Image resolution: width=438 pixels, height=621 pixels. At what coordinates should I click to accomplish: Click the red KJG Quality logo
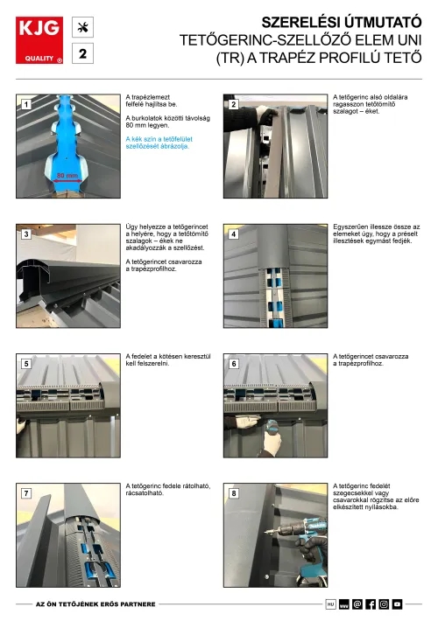(39, 40)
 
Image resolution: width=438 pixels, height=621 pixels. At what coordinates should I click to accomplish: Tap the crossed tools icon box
(82, 27)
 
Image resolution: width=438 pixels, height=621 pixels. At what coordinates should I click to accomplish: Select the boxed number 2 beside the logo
(82, 53)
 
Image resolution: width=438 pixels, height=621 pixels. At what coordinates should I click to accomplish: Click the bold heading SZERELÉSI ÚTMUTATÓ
(341, 22)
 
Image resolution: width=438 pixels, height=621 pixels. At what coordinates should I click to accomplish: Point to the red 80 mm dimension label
(67, 176)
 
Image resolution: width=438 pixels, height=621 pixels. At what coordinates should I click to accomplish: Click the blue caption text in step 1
(159, 143)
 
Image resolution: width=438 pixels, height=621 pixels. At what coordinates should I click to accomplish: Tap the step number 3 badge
(26, 234)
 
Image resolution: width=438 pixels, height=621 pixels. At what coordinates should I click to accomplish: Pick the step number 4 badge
(234, 234)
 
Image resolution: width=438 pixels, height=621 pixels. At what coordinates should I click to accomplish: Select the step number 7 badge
(26, 493)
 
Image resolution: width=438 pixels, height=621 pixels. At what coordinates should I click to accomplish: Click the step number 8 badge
(234, 493)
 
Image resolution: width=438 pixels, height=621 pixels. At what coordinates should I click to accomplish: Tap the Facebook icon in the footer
(371, 604)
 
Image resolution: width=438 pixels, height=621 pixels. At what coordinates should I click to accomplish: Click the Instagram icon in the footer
(384, 604)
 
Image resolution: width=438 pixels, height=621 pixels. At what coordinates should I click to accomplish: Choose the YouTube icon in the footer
(397, 604)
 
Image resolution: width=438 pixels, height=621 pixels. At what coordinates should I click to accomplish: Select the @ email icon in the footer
(357, 604)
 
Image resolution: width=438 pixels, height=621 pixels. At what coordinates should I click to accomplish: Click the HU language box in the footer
(330, 604)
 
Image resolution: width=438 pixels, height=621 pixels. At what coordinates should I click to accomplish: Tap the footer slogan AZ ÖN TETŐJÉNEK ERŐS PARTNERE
(95, 604)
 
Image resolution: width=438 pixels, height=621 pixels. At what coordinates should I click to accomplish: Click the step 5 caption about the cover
(168, 359)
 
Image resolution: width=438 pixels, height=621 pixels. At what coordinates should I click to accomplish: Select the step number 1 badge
(26, 105)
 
